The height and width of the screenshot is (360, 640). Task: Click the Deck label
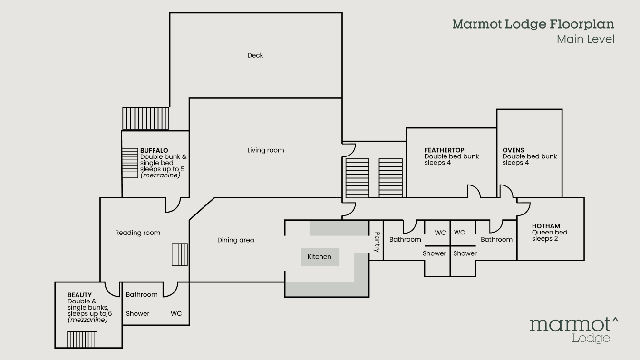[255, 55]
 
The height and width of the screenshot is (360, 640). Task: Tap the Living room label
[265, 150]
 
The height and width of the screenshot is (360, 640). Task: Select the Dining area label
[235, 240]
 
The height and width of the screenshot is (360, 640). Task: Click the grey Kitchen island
[320, 257]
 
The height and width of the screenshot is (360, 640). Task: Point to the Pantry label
[377, 242]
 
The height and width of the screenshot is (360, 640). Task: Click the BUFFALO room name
[154, 151]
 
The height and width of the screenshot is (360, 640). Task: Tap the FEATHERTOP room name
[444, 150]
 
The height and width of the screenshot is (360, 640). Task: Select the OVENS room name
[513, 150]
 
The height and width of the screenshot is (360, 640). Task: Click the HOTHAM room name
[546, 226]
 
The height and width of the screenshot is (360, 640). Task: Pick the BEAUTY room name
[79, 295]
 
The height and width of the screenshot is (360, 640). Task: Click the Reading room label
[137, 233]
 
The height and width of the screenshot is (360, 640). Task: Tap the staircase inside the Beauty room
[82, 340]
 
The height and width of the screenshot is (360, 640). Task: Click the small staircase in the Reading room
[179, 255]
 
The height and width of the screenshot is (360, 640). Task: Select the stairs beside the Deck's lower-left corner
[145, 118]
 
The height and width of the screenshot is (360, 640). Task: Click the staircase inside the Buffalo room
[129, 163]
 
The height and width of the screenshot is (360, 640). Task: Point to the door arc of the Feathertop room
[474, 191]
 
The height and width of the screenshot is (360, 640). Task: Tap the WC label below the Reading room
[176, 314]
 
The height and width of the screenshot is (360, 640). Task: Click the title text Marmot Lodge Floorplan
[533, 24]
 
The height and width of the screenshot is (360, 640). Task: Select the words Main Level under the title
[585, 39]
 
